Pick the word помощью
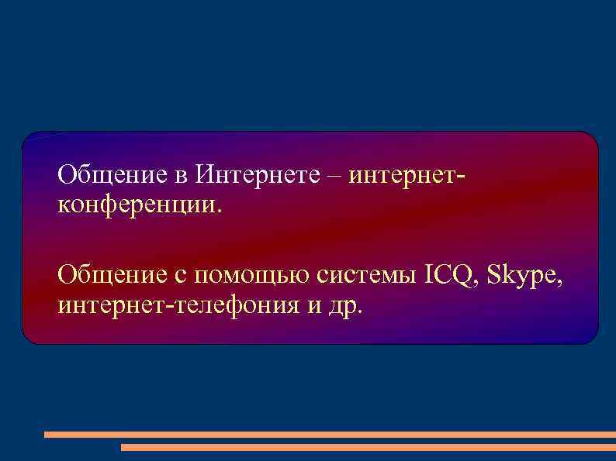tap(254, 276)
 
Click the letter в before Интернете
tap(179, 175)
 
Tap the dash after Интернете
tap(334, 175)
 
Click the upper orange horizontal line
tap(329, 435)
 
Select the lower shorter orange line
tap(368, 447)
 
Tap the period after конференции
tap(220, 209)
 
